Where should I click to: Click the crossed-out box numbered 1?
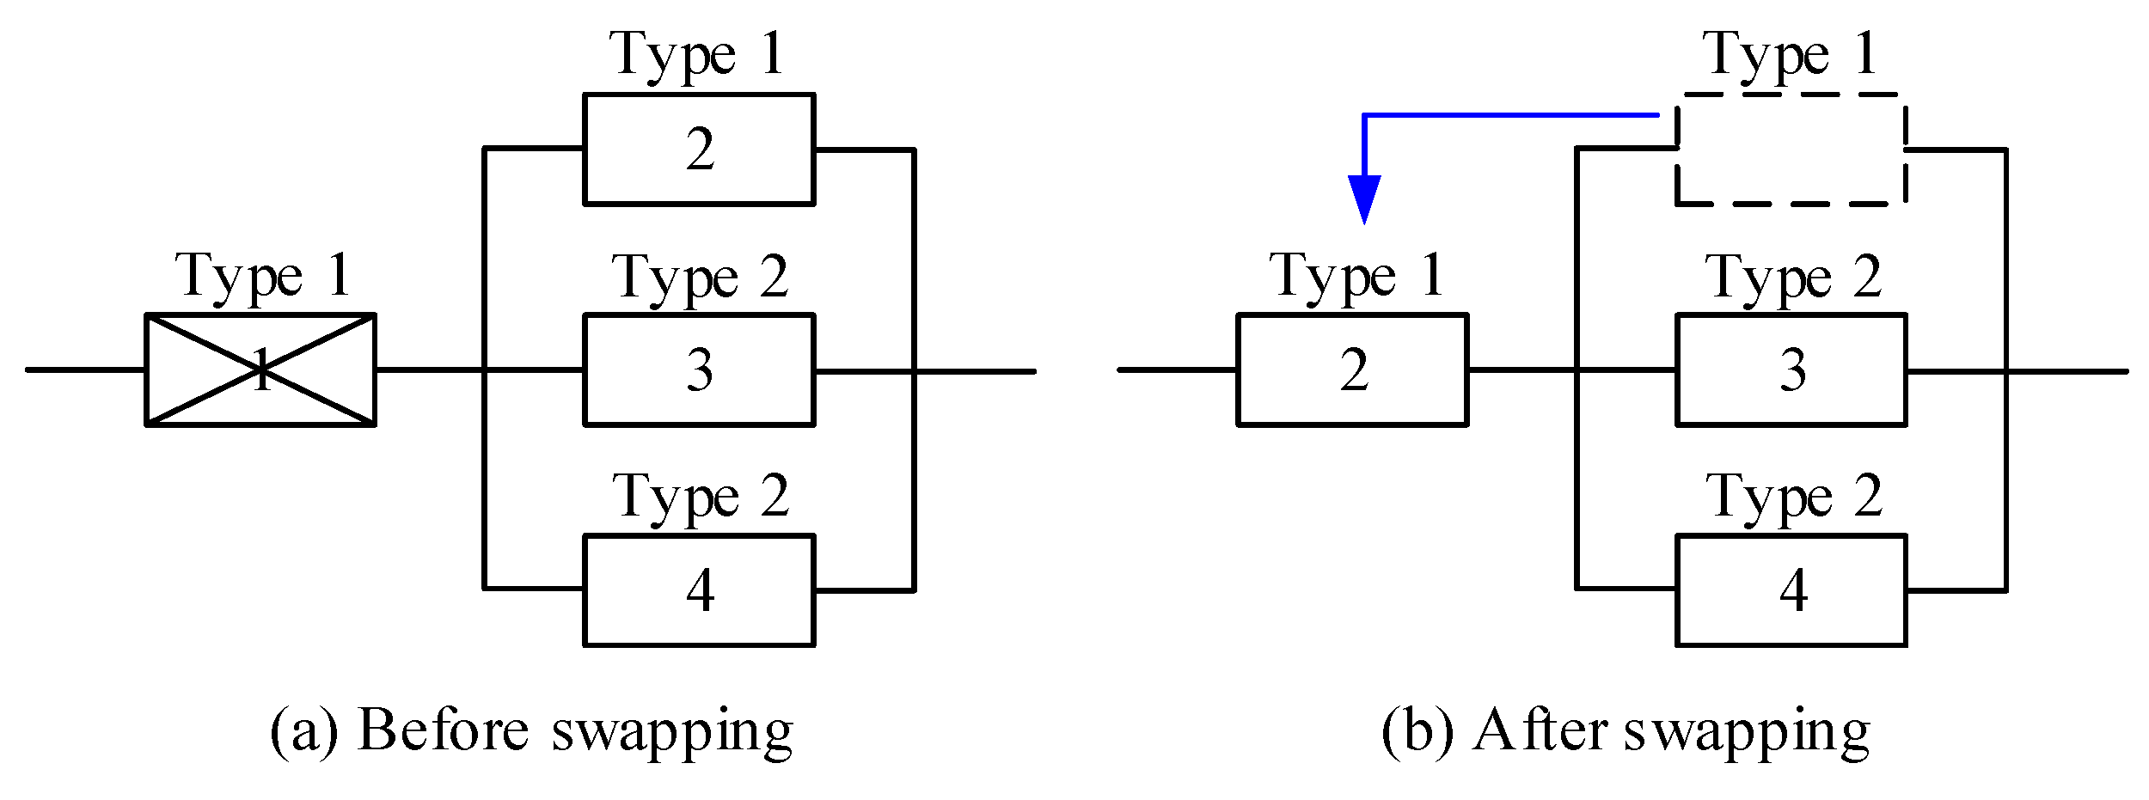(x=260, y=369)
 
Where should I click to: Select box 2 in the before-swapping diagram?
(x=698, y=150)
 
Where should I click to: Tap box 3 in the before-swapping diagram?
(x=698, y=369)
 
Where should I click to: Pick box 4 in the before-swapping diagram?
(x=698, y=590)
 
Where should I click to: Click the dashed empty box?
(x=1791, y=150)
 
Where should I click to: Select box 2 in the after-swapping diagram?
(x=1352, y=369)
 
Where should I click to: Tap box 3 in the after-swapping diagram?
(x=1791, y=369)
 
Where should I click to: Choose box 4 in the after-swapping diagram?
(x=1791, y=590)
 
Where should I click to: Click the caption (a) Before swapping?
(x=531, y=732)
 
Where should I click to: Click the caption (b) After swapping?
(x=1625, y=732)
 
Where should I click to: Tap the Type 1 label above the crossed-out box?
(x=263, y=277)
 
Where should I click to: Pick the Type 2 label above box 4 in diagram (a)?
(x=700, y=498)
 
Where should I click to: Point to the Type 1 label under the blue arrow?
(x=1356, y=277)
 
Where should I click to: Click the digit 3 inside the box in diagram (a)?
(x=699, y=370)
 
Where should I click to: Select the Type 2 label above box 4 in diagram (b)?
(x=1793, y=498)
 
